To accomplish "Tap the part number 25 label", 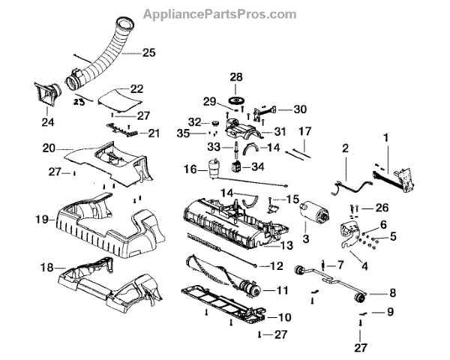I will (x=148, y=52).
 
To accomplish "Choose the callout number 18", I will (x=46, y=267).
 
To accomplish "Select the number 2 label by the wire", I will (x=346, y=149).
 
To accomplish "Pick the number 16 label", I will (x=191, y=170).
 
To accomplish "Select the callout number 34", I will (x=257, y=166).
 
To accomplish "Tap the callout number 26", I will (x=382, y=208).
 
